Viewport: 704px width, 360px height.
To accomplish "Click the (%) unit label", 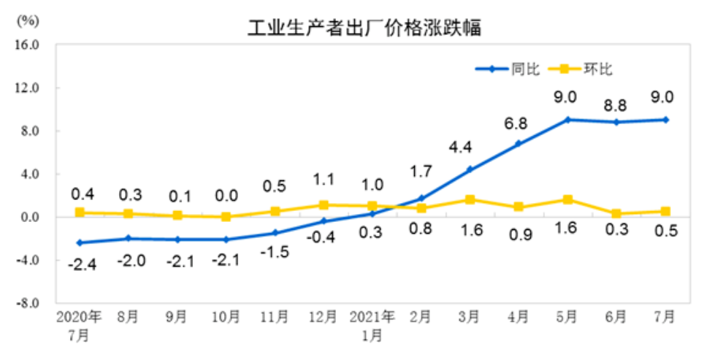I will point(26,20).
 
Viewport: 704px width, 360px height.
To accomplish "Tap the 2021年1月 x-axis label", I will point(372,326).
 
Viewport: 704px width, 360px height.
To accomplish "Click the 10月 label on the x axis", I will point(226,318).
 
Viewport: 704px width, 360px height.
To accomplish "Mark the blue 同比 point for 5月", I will point(567,120).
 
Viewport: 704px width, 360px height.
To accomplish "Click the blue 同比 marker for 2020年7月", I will point(79,242).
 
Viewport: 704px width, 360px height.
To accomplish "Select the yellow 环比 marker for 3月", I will point(470,199).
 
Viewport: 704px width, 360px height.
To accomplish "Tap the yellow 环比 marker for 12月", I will point(323,205).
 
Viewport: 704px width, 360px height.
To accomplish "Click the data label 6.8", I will point(518,123).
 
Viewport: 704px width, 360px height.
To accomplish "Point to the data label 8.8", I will point(616,100).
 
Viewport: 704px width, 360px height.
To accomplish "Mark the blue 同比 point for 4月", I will point(518,143).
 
